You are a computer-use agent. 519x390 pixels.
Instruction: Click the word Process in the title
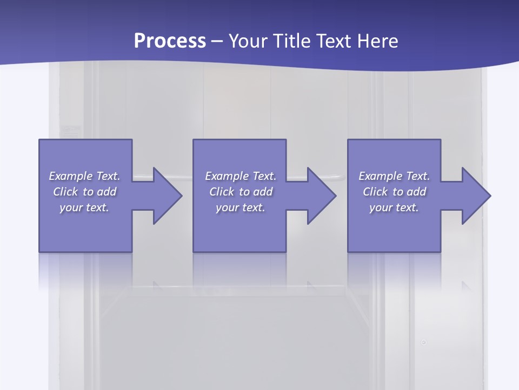tap(170, 41)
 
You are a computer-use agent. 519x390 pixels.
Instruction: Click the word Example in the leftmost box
tap(71, 176)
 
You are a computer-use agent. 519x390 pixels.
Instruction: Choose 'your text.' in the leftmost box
tap(84, 207)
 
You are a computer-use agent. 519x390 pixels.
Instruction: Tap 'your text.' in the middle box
tap(241, 207)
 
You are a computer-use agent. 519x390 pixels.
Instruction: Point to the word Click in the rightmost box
tap(376, 192)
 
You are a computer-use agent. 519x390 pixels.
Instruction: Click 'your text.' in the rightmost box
tap(394, 207)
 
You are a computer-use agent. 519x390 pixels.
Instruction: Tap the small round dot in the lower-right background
tap(424, 342)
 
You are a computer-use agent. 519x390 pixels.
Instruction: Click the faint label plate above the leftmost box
tap(71, 130)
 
